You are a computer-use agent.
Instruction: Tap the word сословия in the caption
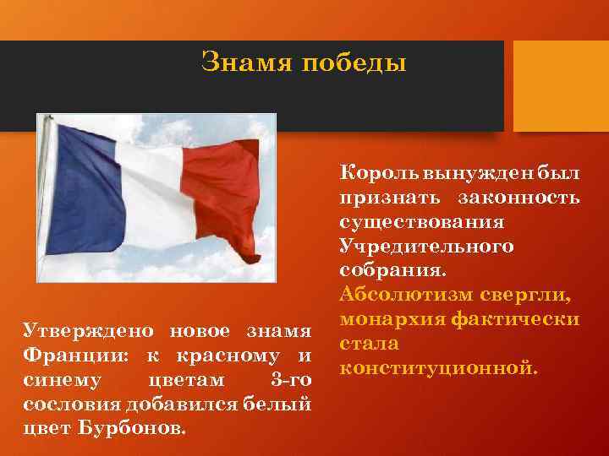point(67,402)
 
